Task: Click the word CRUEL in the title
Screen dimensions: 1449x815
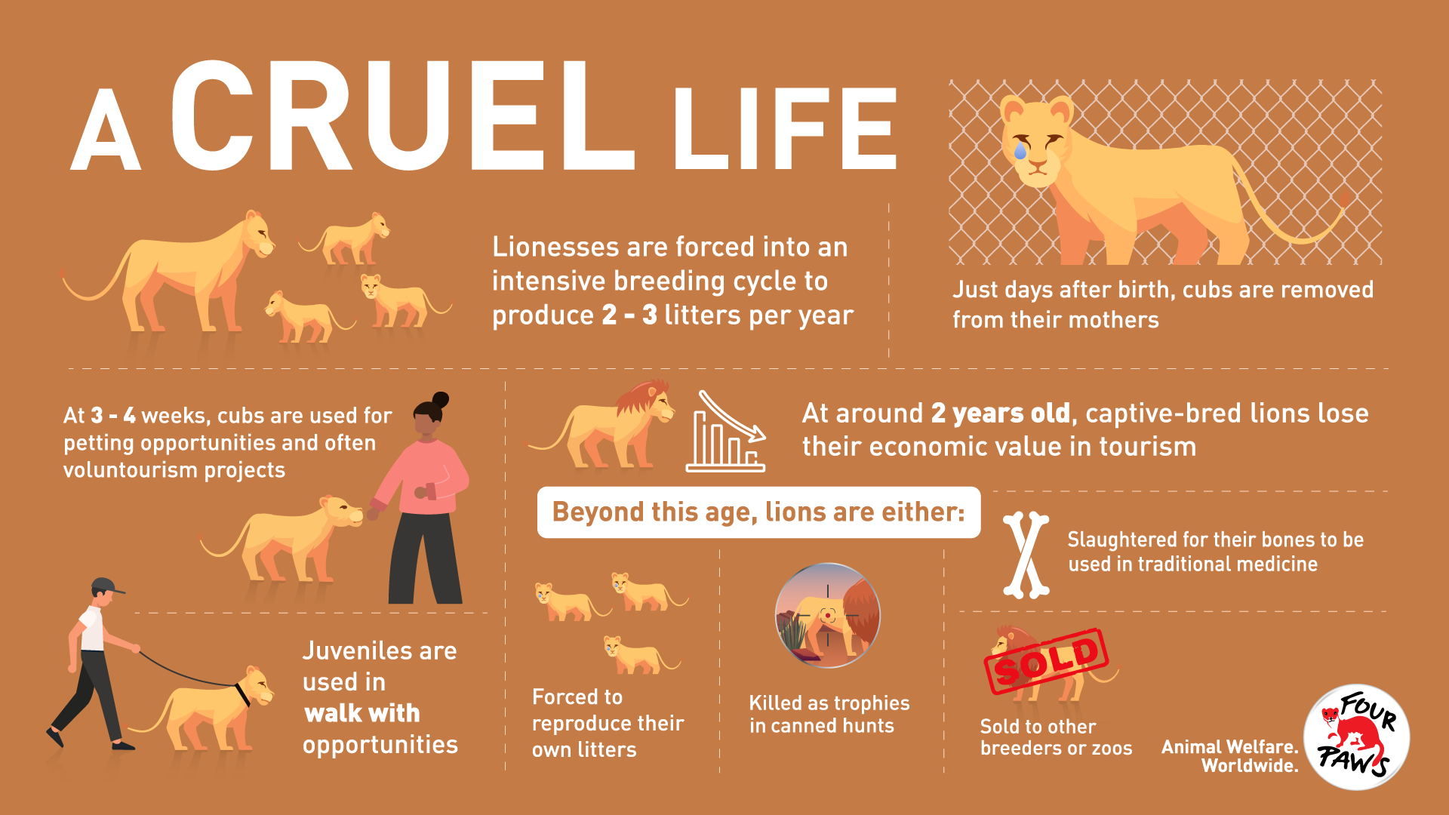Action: (402, 115)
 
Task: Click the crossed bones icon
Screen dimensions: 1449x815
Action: (1026, 555)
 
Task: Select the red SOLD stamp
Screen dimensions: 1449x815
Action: (1046, 661)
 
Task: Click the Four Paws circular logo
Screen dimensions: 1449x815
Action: (1357, 737)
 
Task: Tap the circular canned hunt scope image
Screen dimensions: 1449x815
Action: (828, 615)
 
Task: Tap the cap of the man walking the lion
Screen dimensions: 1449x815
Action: (106, 586)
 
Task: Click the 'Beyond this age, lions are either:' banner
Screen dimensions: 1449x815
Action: (758, 512)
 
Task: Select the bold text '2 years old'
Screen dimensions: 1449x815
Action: (1001, 414)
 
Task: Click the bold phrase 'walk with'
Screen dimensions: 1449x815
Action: (362, 713)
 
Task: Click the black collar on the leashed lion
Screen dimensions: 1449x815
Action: (242, 694)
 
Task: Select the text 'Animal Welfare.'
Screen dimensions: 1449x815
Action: (1230, 747)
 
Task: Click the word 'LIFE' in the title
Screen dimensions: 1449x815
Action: (785, 128)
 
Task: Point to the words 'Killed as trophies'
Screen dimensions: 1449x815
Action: (829, 703)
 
